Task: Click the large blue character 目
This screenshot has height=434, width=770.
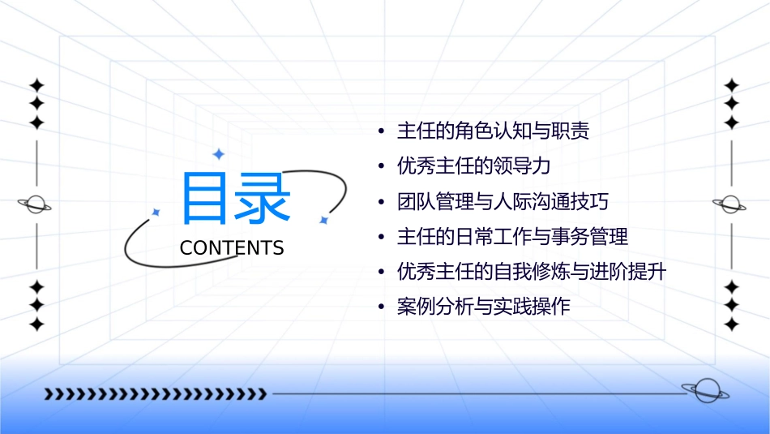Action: (x=207, y=197)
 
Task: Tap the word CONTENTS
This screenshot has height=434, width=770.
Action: (x=232, y=248)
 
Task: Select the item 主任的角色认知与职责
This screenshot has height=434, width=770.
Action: (x=493, y=131)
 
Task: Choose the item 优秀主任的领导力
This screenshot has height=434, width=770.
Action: (x=473, y=166)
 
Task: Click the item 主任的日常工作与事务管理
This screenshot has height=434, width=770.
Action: (x=512, y=237)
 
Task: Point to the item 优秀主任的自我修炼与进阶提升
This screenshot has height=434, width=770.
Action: (x=532, y=272)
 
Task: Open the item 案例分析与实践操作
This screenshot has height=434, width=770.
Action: (x=483, y=307)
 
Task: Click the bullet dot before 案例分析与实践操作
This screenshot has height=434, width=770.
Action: (x=381, y=308)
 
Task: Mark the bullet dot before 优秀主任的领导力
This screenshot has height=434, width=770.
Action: (x=381, y=167)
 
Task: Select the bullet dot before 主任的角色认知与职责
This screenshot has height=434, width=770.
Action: (x=381, y=132)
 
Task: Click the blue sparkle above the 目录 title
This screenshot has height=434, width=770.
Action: (x=217, y=153)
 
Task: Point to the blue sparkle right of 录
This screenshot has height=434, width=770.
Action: (x=323, y=220)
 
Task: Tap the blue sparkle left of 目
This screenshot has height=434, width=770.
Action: (x=156, y=212)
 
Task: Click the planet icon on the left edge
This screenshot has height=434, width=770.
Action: (x=36, y=204)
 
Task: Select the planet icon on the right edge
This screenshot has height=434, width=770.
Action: (x=730, y=204)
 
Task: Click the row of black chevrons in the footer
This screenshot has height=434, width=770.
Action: (x=155, y=394)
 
